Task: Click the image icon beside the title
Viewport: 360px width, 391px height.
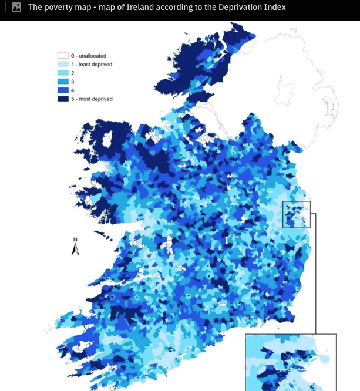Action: click(16, 8)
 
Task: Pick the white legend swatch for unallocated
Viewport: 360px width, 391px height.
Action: click(63, 56)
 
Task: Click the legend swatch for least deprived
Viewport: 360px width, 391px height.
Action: click(63, 64)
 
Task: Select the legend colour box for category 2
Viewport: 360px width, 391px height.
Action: click(63, 73)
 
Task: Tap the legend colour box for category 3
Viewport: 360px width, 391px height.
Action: click(63, 82)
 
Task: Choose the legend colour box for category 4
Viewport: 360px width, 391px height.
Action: click(63, 90)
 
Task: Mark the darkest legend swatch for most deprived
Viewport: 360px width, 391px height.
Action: click(63, 99)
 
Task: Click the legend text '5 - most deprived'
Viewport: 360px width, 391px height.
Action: click(92, 99)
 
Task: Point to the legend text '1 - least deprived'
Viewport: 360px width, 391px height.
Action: click(92, 64)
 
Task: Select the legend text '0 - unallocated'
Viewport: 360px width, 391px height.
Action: click(89, 56)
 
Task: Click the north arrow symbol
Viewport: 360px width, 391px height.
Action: click(75, 250)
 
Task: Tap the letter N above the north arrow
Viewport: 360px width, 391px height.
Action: click(75, 240)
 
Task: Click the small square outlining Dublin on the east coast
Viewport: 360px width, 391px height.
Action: click(296, 214)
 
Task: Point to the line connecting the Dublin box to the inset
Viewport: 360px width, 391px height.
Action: click(316, 276)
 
